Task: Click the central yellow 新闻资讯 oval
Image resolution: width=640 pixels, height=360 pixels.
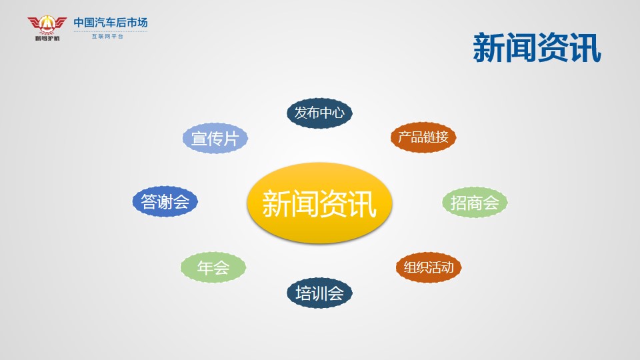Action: (x=319, y=203)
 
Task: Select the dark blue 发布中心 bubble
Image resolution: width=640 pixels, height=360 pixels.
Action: (x=319, y=113)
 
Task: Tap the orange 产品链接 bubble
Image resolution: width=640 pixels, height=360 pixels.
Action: (x=423, y=137)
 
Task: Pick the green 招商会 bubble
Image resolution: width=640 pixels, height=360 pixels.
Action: (x=475, y=203)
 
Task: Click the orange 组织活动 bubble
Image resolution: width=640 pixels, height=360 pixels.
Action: (x=429, y=267)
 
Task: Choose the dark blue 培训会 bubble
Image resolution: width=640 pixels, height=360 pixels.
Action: (x=319, y=293)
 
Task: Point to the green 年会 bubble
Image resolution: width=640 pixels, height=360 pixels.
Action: (x=213, y=267)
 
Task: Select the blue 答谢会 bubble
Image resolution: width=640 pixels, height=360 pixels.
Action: (x=165, y=201)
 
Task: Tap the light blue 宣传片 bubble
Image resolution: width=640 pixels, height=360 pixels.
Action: (x=215, y=138)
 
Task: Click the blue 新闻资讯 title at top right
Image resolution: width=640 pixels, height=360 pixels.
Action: (x=537, y=48)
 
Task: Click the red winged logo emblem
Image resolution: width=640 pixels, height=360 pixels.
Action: (x=47, y=25)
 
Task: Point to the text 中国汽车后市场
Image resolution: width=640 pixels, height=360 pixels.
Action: (x=111, y=23)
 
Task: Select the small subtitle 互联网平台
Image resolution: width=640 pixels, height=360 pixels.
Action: (x=107, y=36)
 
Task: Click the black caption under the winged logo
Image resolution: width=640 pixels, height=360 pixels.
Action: (x=47, y=39)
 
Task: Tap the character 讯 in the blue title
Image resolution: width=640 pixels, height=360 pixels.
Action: (x=585, y=48)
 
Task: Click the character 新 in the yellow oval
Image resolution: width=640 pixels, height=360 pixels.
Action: (x=276, y=203)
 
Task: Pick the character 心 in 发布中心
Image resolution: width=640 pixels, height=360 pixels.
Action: (x=338, y=113)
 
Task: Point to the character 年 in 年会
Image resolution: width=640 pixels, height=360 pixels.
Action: (x=205, y=267)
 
